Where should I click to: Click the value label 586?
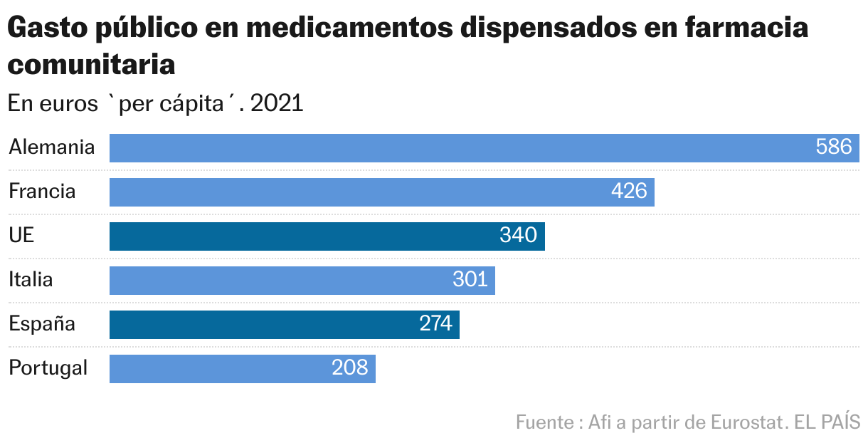tap(834, 147)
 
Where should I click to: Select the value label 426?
tap(629, 192)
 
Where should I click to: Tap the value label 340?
tap(519, 236)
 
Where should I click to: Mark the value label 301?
tap(470, 280)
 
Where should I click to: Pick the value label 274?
tap(435, 324)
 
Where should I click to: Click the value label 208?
tap(350, 368)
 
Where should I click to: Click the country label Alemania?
tap(51, 147)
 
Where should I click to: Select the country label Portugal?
tap(48, 368)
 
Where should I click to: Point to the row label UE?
tap(21, 236)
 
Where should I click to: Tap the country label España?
tap(42, 324)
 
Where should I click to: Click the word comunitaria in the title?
tap(91, 65)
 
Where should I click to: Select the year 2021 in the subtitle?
tap(277, 104)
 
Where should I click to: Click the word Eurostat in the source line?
tap(747, 422)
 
